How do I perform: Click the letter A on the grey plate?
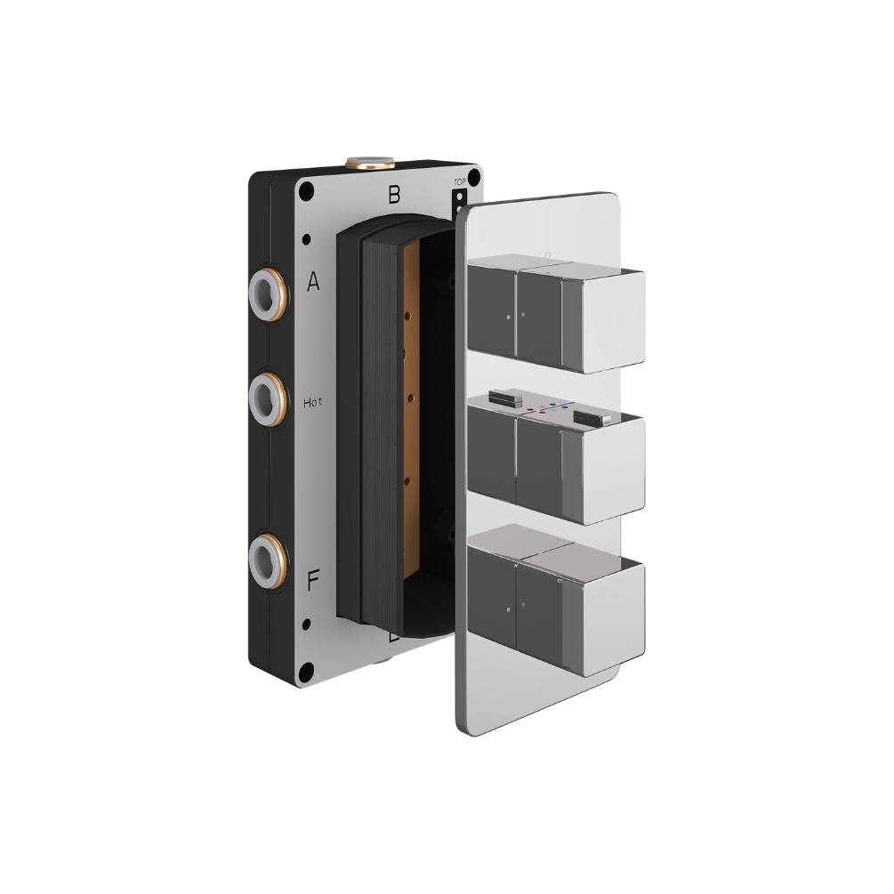[x=313, y=283]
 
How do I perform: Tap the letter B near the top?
[x=394, y=193]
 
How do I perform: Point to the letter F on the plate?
[x=313, y=583]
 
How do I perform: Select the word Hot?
[x=313, y=402]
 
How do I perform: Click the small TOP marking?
[x=460, y=182]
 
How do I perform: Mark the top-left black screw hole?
[x=307, y=189]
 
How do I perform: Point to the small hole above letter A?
[x=307, y=238]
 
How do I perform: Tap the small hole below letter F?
[x=307, y=624]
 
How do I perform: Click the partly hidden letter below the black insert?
[x=393, y=637]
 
